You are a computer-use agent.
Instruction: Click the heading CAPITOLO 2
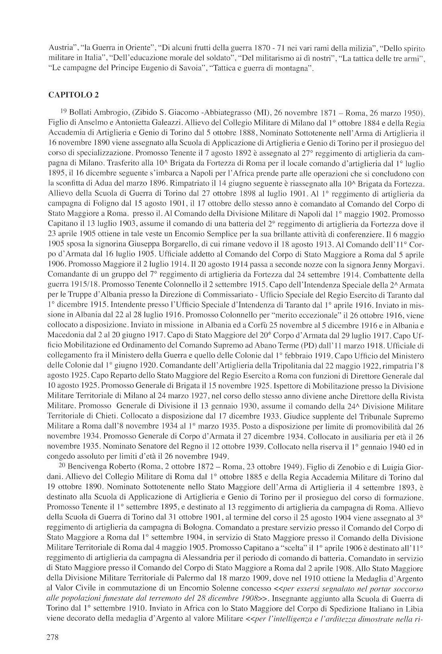(x=73, y=95)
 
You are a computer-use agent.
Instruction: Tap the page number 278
(x=53, y=637)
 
